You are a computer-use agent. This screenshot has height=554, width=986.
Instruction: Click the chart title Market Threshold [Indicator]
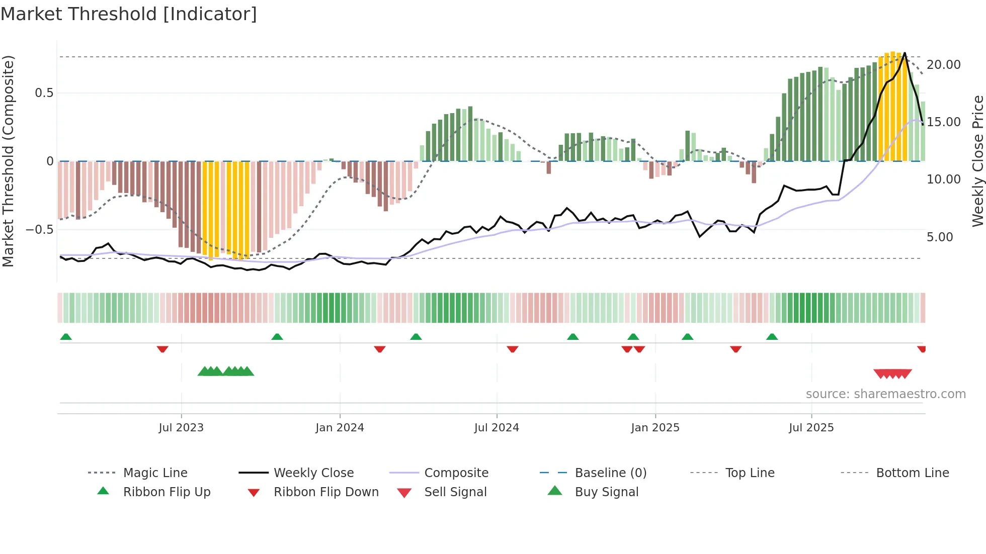coord(129,14)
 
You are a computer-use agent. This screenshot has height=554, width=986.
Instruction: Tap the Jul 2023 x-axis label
coord(181,428)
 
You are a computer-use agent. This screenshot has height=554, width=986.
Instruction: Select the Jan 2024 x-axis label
coord(340,428)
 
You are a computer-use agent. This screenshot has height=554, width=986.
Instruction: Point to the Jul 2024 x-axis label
coord(497,428)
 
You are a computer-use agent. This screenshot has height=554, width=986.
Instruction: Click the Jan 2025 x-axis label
coord(655,428)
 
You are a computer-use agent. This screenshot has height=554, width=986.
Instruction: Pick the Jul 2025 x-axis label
coord(811,428)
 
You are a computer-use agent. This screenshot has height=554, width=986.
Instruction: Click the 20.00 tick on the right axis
coord(943,65)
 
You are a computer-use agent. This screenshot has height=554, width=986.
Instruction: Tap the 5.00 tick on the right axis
coord(939,237)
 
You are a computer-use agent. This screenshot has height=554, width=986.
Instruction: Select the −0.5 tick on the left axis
coord(39,230)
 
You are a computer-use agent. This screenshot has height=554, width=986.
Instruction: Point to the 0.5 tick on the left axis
coord(44,93)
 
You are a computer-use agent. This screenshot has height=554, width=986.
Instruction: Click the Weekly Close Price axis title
coord(977,161)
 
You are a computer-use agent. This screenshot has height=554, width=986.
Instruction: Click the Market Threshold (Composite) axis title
coord(8,161)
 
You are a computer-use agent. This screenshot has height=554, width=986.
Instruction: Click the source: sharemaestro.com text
coord(885,394)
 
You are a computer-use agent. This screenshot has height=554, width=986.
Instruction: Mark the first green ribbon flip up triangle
coord(66,337)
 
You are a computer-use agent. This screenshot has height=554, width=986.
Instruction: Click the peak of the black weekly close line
coord(905,53)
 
